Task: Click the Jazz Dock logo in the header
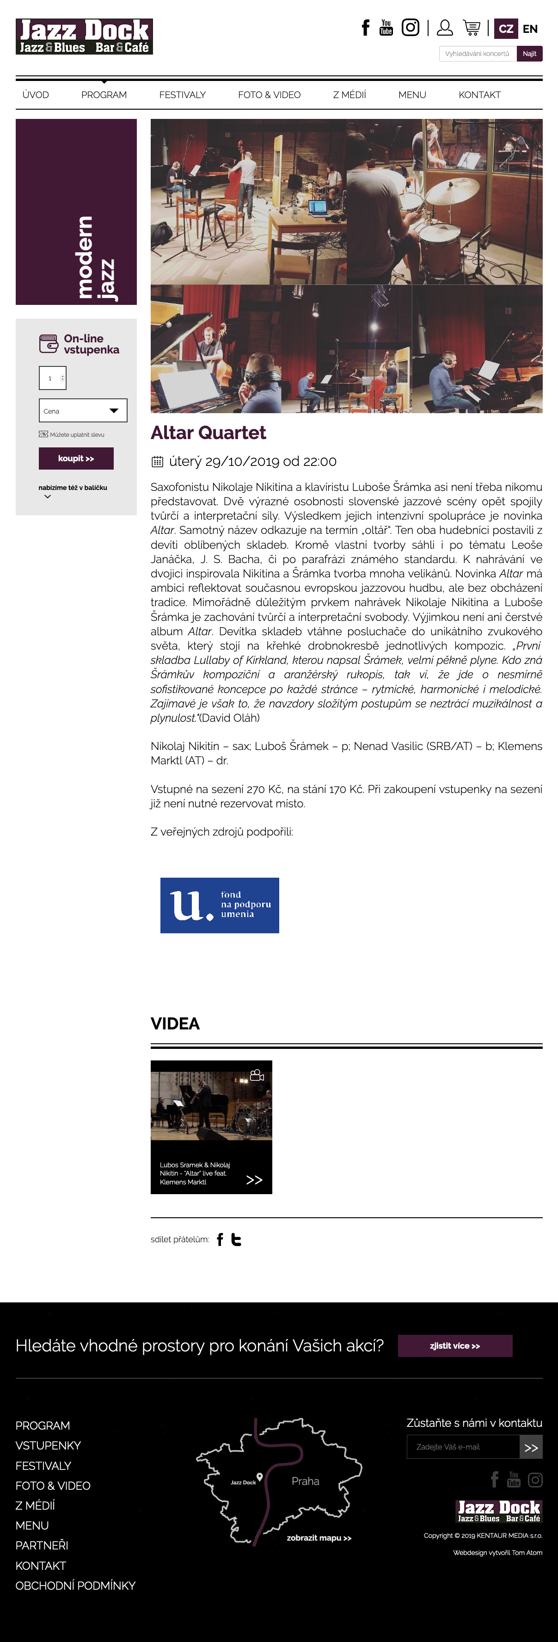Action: (84, 37)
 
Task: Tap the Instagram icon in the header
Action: (410, 27)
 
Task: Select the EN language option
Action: (530, 29)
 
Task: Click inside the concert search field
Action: (477, 54)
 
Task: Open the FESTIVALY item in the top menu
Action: (182, 95)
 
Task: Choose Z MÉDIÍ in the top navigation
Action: (349, 95)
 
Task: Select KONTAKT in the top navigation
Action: (479, 95)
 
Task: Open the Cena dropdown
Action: (83, 410)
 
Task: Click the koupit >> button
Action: (76, 459)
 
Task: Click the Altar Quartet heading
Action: (208, 433)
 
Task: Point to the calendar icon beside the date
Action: (157, 461)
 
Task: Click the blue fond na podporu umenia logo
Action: (219, 905)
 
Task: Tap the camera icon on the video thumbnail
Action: (257, 1075)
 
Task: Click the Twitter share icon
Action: (236, 1239)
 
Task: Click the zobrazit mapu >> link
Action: (319, 1537)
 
